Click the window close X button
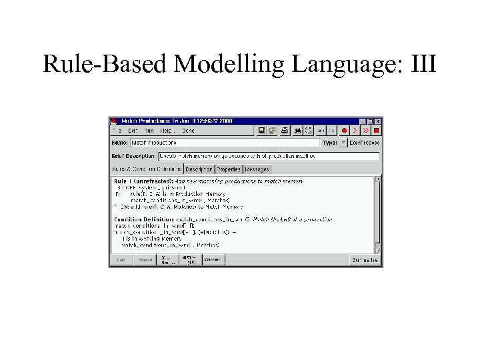378,121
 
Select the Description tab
199,169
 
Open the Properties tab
229,169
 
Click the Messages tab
257,169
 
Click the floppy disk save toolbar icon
261,131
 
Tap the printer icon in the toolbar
284,131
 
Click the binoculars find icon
298,131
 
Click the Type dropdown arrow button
343,143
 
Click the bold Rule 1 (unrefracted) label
144,181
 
